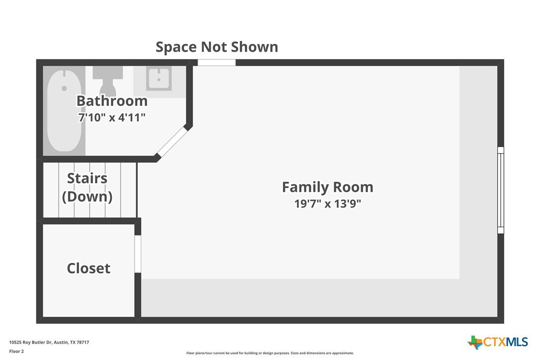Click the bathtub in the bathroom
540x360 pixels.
64,110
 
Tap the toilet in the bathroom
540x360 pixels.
108,81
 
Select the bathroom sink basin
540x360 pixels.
159,79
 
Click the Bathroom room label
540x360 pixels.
112,101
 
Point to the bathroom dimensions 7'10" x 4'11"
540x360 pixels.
112,117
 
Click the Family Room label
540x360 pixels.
328,187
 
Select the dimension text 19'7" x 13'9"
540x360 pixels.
328,203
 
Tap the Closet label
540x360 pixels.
89,269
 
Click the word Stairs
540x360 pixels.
87,179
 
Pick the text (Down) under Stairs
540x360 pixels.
87,197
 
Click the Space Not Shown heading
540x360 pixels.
217,47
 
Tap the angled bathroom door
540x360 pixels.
171,142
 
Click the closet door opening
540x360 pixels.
138,254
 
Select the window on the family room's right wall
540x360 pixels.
501,190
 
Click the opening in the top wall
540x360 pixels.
217,63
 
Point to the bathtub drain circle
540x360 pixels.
64,89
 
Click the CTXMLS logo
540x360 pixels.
497,342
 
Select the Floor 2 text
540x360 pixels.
16,352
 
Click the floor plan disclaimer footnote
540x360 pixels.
270,353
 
